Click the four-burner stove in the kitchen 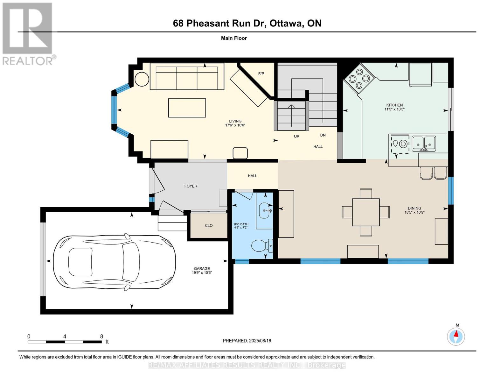(359, 78)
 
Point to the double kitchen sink (424, 144)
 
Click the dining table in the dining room (366, 212)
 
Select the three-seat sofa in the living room (187, 76)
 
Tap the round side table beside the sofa (142, 79)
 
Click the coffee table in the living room (187, 108)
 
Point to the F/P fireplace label (261, 74)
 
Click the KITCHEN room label (394, 105)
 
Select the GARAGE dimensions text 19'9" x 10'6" (202, 272)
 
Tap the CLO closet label (209, 225)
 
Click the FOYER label (191, 186)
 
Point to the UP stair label (296, 136)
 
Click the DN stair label (323, 135)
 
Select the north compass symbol (456, 336)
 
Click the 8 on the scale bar (101, 336)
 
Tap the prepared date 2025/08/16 (260, 341)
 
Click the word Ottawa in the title (286, 23)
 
